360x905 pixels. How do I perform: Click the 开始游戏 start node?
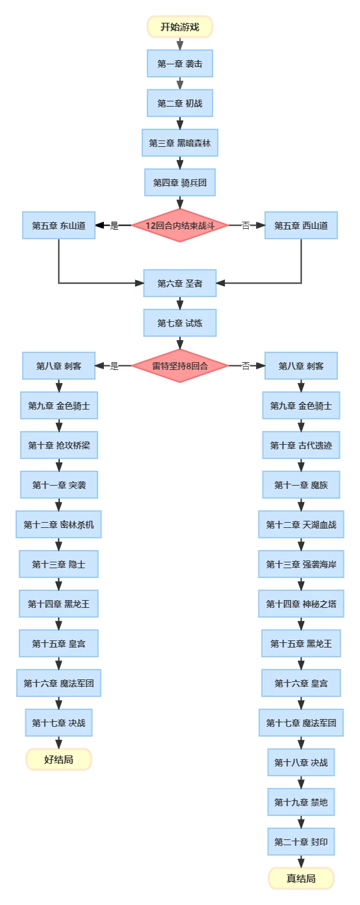point(180,27)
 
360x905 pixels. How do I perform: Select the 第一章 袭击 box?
point(180,64)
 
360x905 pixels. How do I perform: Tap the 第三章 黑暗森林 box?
point(180,143)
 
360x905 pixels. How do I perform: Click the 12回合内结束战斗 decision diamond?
point(180,226)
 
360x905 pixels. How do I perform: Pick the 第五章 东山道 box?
point(58,226)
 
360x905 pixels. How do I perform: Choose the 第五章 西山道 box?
point(301,226)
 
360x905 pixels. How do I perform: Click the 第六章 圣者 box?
point(180,283)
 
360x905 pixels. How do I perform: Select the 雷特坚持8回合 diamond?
point(180,366)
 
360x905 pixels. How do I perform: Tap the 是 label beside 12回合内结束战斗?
point(114,226)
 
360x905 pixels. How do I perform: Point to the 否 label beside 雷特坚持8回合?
point(246,366)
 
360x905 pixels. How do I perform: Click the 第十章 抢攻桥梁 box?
point(59,445)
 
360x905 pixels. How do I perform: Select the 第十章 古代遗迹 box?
point(301,445)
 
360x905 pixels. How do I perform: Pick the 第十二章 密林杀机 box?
point(58,525)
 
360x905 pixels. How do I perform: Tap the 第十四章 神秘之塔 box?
point(301,604)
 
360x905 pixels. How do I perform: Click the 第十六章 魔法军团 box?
point(58,683)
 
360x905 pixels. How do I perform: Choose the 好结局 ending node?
point(58,759)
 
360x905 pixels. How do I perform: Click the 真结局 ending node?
point(301,878)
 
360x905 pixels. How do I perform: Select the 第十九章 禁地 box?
point(301,802)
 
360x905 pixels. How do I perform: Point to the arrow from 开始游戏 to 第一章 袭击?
point(180,44)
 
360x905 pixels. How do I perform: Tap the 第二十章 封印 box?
point(301,841)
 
